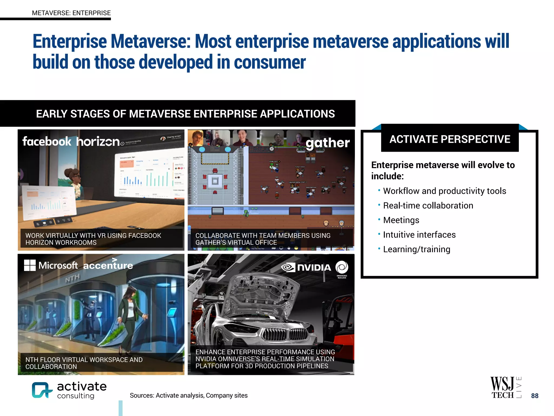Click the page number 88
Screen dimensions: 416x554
[x=535, y=396]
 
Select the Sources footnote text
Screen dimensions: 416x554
[x=189, y=395]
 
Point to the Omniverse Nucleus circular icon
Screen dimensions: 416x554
[x=342, y=267]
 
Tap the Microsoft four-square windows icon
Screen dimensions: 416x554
[x=30, y=265]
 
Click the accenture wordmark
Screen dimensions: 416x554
[x=108, y=265]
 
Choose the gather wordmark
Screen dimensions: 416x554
[x=328, y=143]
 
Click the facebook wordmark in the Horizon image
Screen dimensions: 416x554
[x=47, y=141]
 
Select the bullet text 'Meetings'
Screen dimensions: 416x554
[x=401, y=220]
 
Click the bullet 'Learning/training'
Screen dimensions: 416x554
[x=417, y=249]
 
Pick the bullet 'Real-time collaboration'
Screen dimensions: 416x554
[x=428, y=206]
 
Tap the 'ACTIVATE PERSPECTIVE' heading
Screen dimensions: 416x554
[x=450, y=139]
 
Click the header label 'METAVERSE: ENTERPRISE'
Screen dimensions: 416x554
[x=71, y=13]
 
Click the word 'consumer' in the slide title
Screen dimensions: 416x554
[x=270, y=62]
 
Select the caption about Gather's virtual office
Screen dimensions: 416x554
[x=263, y=239]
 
